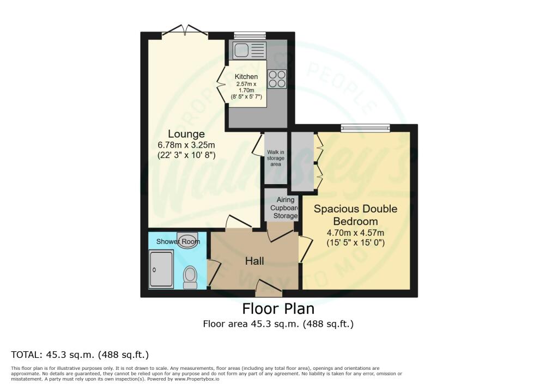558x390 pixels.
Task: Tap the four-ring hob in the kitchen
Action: [x=277, y=79]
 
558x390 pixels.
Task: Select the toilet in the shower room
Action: [x=190, y=277]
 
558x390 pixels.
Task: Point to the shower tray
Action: [x=161, y=269]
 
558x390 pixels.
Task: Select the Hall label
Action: [x=254, y=261]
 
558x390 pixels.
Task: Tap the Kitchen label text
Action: [x=246, y=77]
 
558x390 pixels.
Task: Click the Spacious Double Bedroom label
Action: [x=355, y=215]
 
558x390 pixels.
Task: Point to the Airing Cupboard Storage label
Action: [x=282, y=208]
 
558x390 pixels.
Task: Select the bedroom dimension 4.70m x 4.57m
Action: [x=355, y=233]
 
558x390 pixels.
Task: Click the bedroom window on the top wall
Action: [x=366, y=129]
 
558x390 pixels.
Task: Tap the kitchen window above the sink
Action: [x=250, y=35]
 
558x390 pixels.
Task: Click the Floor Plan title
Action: [x=278, y=309]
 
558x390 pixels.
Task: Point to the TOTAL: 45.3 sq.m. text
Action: [x=80, y=355]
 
